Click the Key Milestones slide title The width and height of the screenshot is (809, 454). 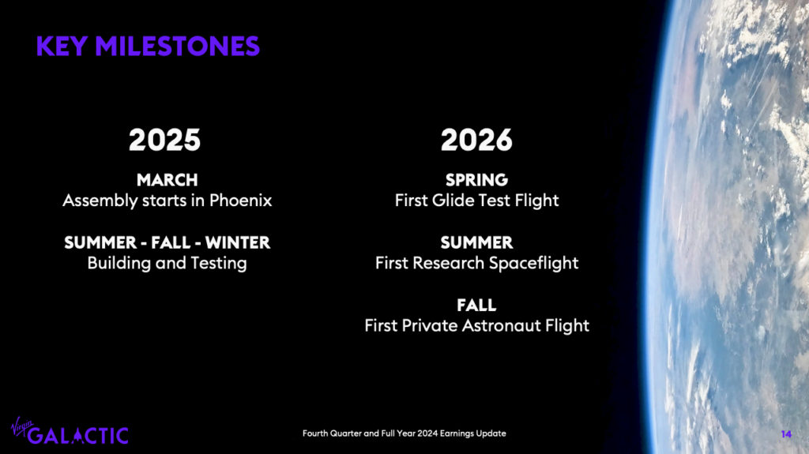[x=148, y=46]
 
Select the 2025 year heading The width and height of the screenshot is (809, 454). [x=164, y=140]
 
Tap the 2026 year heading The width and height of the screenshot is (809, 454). [x=476, y=140]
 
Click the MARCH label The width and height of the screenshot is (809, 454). [x=167, y=180]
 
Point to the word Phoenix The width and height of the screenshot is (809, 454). [x=240, y=201]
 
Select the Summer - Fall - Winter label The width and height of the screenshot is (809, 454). [x=167, y=242]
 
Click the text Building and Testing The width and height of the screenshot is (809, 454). [x=167, y=264]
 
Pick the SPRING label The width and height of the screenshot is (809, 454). [x=476, y=180]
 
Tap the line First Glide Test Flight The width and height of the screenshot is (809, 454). [x=476, y=201]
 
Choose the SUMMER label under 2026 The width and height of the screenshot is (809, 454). [x=476, y=242]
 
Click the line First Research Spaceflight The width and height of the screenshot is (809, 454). [x=476, y=264]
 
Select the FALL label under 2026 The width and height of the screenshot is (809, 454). [x=476, y=306]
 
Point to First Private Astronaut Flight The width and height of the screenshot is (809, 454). [x=476, y=326]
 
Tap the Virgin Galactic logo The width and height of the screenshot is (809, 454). [x=70, y=431]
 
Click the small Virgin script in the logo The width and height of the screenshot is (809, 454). [x=21, y=426]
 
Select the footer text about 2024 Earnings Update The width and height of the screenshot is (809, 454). [x=404, y=433]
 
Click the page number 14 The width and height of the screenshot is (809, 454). [x=786, y=434]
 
